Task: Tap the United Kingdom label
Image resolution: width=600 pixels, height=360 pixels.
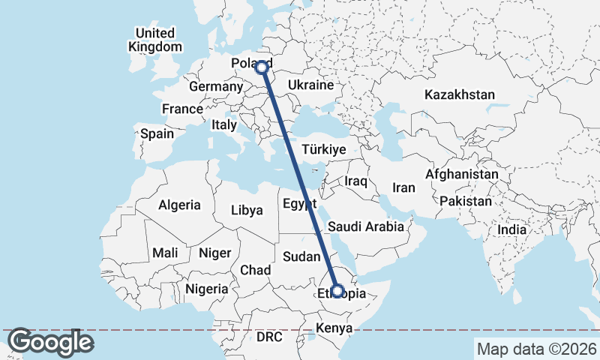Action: point(155,40)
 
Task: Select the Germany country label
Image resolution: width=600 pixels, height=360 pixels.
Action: point(215,87)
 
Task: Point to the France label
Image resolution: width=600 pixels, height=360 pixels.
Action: point(182,109)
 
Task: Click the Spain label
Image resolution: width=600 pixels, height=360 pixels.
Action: point(157,134)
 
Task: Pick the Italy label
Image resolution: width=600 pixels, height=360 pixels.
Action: point(224,124)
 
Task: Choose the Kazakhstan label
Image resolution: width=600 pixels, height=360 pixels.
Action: point(459,95)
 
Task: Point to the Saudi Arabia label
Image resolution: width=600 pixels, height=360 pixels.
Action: point(366,226)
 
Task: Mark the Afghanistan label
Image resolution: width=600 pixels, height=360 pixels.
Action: point(461,174)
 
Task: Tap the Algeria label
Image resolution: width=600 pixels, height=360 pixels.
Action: point(179,205)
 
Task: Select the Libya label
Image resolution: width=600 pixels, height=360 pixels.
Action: point(247,211)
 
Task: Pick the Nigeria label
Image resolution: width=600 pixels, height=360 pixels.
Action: point(206,289)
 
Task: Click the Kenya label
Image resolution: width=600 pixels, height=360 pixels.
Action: point(334,328)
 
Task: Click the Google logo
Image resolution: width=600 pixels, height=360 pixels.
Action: point(50,342)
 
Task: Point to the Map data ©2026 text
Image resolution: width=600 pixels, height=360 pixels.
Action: point(536,349)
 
